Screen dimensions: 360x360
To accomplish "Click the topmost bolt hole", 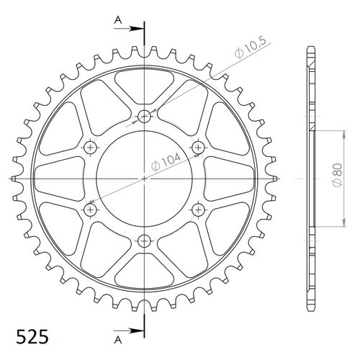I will pos(144,116).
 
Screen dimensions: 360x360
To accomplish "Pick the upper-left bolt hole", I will pos(91,147).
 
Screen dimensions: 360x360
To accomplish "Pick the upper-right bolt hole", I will pos(198,147).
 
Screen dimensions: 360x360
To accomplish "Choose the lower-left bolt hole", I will pos(91,209).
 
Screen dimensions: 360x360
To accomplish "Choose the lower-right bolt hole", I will pos(198,209).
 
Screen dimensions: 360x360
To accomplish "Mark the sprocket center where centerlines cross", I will pos(144,178).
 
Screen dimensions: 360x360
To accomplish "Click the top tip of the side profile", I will pos(312,49).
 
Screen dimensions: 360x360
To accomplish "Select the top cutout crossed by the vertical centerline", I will pos(144,82).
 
